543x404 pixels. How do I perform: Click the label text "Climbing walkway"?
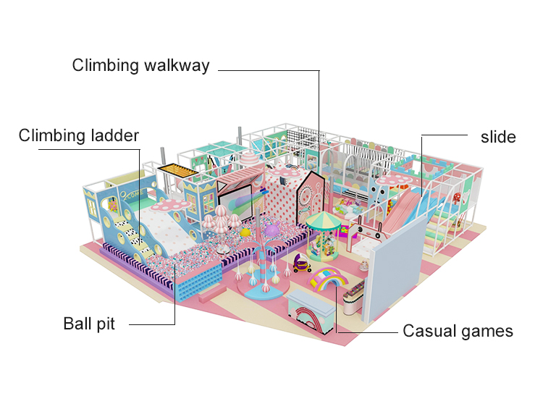click(140, 66)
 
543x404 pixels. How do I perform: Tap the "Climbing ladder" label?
click(79, 135)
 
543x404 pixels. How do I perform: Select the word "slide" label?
click(498, 137)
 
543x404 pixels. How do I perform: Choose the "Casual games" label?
click(458, 332)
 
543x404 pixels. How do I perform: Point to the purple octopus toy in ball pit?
click(271, 231)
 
